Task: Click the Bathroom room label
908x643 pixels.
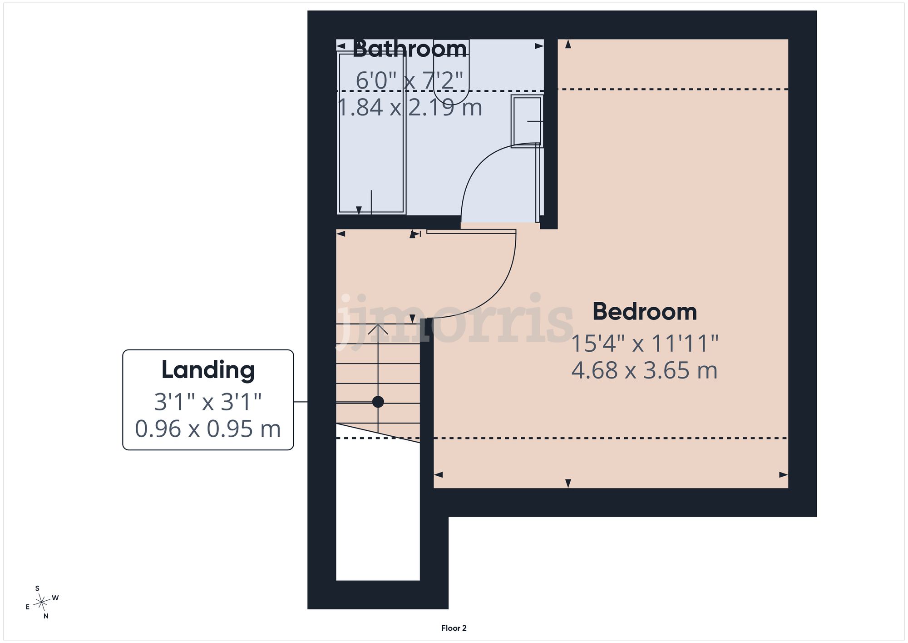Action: coord(410,49)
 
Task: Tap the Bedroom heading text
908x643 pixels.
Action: coord(645,312)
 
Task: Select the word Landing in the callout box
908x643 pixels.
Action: coord(208,370)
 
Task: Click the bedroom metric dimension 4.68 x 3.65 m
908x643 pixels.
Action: coord(645,370)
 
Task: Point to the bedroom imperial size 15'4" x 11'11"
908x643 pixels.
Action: coord(645,344)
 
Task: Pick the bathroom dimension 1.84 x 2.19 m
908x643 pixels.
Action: coord(410,108)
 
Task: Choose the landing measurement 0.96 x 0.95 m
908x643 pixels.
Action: coord(208,429)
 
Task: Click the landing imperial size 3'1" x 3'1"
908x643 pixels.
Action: coord(208,402)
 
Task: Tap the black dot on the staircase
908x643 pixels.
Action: coord(378,402)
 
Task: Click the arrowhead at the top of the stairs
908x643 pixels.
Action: coord(378,329)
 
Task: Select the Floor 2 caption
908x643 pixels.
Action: coord(454,628)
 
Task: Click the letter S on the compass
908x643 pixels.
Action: coord(37,588)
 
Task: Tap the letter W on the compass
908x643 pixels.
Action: coord(55,598)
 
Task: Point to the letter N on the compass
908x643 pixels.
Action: coord(46,616)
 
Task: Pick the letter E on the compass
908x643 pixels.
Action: coord(28,607)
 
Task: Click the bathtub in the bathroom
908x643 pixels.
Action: coord(371,133)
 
